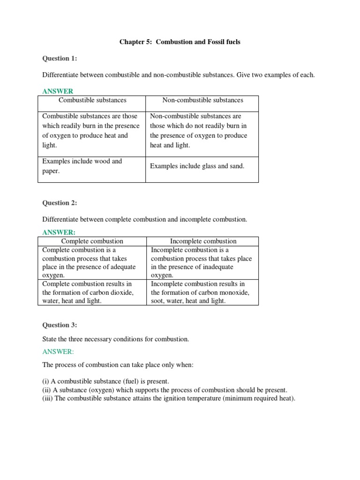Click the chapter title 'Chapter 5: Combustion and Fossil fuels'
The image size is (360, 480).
180,42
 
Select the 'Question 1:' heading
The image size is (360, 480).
60,58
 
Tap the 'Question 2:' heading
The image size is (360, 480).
60,203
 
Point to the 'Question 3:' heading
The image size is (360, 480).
60,325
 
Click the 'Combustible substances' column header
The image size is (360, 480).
92,100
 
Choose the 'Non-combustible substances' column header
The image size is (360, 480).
202,100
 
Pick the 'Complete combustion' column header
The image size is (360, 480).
92,241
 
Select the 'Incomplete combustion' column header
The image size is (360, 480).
203,241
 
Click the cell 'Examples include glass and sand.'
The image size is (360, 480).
197,166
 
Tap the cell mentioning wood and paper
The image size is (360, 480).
82,166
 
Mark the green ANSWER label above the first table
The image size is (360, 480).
58,91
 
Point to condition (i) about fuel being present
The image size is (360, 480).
105,382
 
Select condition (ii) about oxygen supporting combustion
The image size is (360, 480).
165,390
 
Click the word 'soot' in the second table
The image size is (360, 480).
158,301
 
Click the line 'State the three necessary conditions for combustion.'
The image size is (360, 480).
116,338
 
